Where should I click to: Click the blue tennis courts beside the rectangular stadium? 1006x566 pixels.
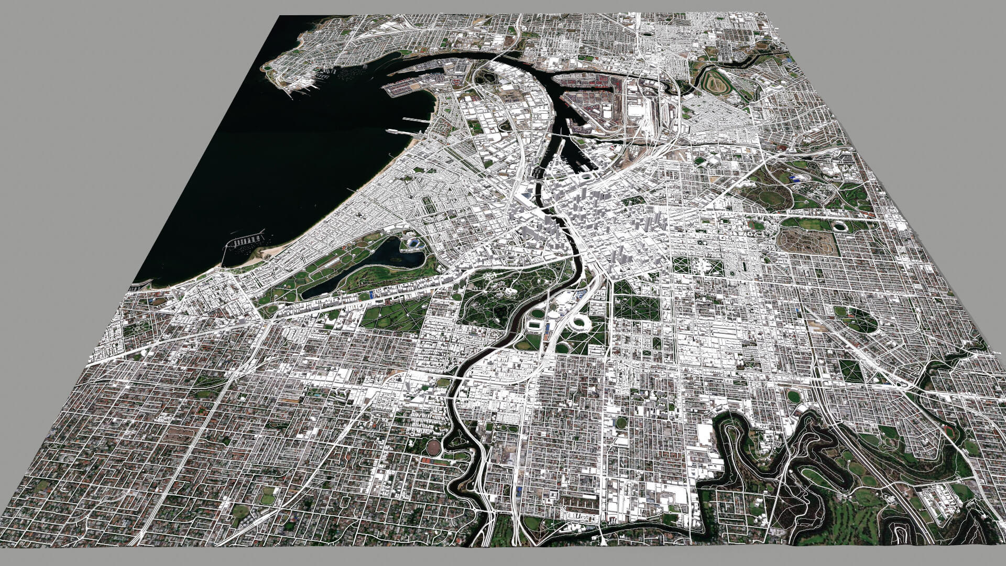coord(547,331)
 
